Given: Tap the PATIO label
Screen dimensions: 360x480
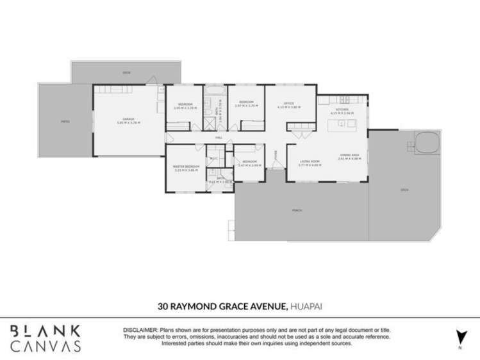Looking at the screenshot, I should point(65,120).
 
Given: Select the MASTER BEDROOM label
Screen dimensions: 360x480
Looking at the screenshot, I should point(186,166).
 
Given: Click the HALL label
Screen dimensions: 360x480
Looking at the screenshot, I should point(219,137).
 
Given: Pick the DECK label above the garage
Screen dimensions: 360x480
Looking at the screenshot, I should point(127,73).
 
